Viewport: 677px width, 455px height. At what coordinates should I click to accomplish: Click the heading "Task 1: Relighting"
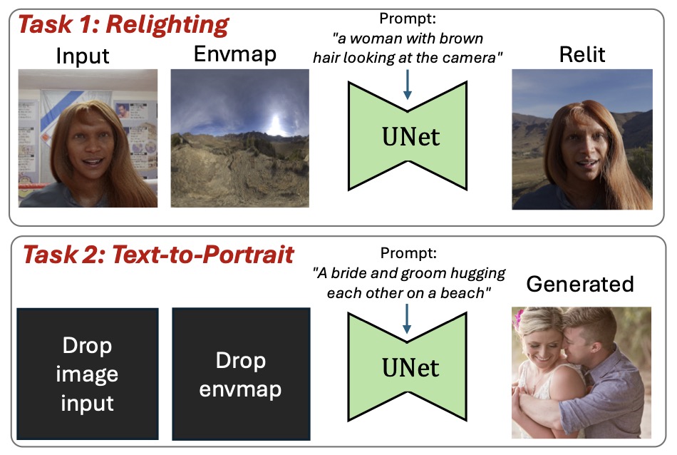click(123, 24)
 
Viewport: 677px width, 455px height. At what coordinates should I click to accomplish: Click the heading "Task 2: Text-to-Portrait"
click(158, 254)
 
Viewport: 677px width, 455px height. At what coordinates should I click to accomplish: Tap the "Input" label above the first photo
click(83, 56)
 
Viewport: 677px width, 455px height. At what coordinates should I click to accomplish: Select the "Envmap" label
click(235, 54)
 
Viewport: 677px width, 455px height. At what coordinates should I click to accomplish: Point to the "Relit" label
click(582, 54)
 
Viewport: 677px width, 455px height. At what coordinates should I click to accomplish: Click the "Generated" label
click(580, 284)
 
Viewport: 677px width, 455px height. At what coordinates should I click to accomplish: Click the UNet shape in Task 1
click(408, 136)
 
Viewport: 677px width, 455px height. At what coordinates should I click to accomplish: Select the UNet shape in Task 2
click(407, 367)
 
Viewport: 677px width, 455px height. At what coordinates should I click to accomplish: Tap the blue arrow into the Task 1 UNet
click(407, 84)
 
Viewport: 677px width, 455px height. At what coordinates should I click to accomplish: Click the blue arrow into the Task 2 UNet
click(407, 319)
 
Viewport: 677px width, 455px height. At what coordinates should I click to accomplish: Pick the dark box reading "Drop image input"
click(88, 374)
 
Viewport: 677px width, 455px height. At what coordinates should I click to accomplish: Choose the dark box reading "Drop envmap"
click(241, 374)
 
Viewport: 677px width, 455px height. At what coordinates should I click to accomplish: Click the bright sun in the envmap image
click(274, 123)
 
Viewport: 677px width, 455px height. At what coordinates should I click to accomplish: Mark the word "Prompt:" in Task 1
click(408, 19)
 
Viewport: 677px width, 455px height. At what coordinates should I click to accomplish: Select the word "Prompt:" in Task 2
click(408, 253)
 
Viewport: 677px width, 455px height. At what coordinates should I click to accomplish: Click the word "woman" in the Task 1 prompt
click(376, 39)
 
